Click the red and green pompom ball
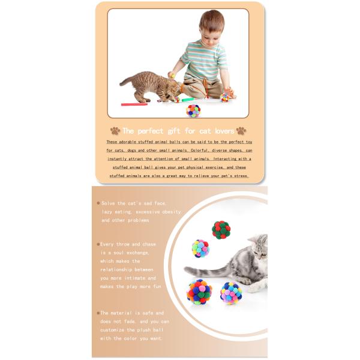pos(221,230)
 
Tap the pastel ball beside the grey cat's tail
pos(200,248)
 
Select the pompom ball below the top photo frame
pos(193,110)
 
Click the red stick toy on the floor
pos(134,104)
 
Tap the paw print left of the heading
pos(115,130)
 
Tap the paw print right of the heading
pos(241,130)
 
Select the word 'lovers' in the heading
pos(220,130)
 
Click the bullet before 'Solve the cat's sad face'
pos(98,203)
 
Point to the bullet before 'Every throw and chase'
pos(98,244)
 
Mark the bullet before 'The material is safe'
pos(98,313)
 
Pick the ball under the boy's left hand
pos(224,97)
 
